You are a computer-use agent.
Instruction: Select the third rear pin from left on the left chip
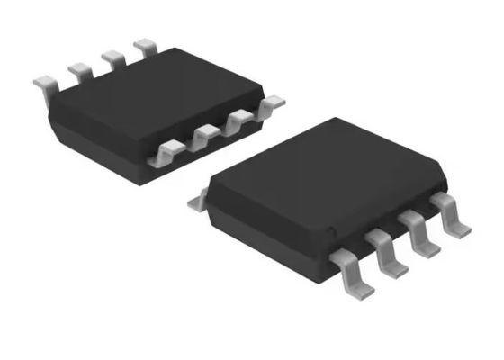pyautogui.click(x=112, y=57)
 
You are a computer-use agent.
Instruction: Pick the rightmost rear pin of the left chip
pyautogui.click(x=144, y=45)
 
